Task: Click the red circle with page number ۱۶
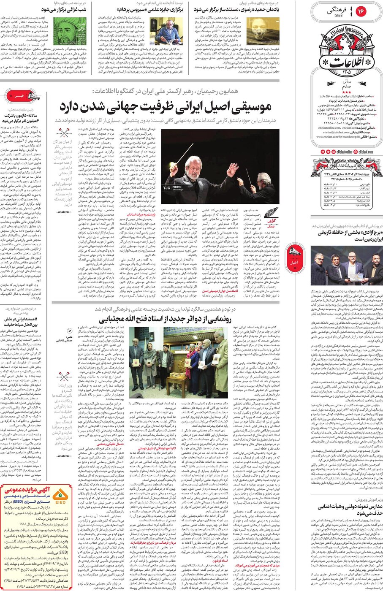coord(361,11)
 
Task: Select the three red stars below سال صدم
coord(347,92)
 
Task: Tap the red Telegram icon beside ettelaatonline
coord(323,151)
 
